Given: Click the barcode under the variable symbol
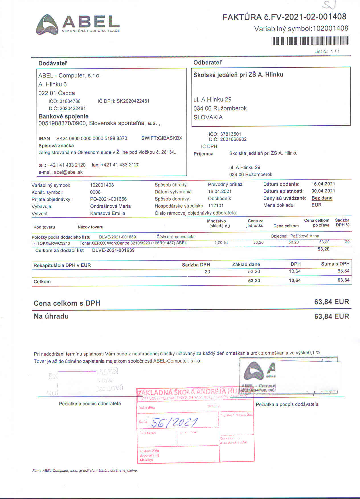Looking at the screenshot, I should [x=310, y=41].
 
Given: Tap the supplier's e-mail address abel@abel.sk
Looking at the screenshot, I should [x=68, y=172].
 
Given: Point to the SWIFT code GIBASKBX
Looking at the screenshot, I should [x=170, y=138].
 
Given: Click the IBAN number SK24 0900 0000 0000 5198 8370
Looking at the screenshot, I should [x=91, y=138].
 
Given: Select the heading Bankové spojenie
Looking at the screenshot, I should [x=64, y=116].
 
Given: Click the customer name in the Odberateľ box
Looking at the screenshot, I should [x=238, y=75].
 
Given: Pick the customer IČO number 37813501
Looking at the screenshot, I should [x=230, y=134].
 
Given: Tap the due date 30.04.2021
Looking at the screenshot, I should [x=323, y=191].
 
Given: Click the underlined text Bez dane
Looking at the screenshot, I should [x=322, y=198].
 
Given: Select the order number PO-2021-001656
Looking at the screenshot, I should [x=108, y=199].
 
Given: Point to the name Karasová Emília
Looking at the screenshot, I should [x=107, y=213].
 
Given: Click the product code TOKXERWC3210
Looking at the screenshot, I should [x=53, y=243].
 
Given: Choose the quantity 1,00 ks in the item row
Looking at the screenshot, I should [x=221, y=243].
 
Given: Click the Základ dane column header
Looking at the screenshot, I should [x=246, y=264].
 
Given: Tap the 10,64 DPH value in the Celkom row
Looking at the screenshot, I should [x=294, y=281].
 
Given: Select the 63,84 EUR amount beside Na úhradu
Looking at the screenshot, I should [x=331, y=316].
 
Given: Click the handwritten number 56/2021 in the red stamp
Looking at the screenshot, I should [x=174, y=423].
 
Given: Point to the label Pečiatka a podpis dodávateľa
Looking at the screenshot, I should [x=287, y=404].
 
